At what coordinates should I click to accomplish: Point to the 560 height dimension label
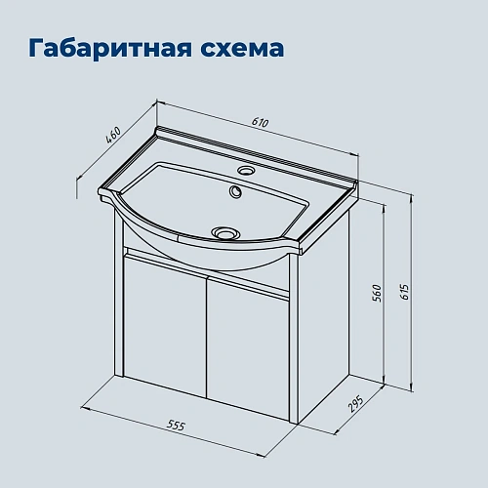pos(376,292)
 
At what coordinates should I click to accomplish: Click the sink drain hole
pos(225,232)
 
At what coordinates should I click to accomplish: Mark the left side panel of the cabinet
pos(121,303)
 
